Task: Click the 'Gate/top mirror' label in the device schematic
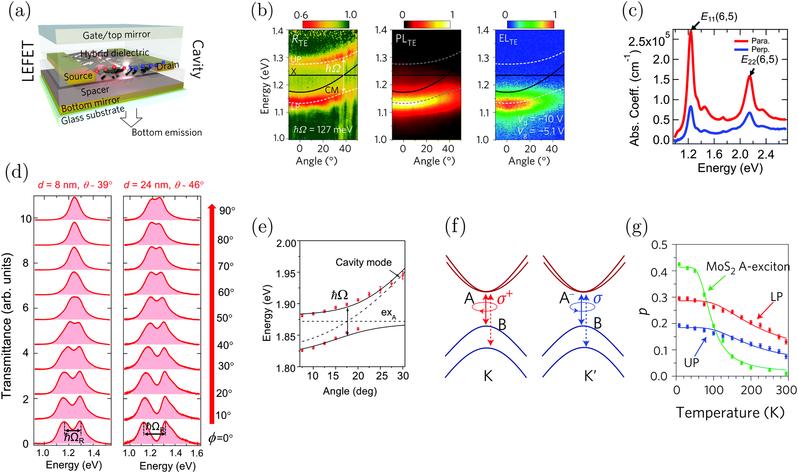(x=116, y=35)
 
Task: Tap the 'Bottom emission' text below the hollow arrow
(x=167, y=132)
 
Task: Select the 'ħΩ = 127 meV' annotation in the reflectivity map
(x=323, y=130)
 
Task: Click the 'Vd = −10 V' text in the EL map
(x=540, y=119)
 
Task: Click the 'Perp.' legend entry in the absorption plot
(x=760, y=49)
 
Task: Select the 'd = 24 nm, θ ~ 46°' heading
(x=163, y=185)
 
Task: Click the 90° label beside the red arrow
(x=227, y=211)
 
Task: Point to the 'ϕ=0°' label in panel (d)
(x=221, y=438)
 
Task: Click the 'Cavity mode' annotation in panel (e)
(x=363, y=262)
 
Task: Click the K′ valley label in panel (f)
(x=590, y=376)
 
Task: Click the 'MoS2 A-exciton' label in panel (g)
(x=747, y=267)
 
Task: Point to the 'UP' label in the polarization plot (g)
(x=691, y=362)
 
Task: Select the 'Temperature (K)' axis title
(x=730, y=412)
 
